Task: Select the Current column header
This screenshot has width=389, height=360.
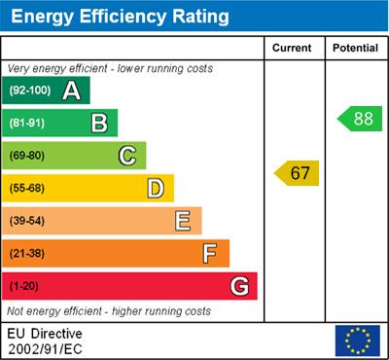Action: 293,48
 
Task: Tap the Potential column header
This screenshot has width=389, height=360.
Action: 356,48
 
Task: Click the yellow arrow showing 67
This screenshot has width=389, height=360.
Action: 297,173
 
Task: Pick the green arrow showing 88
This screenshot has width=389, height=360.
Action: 359,119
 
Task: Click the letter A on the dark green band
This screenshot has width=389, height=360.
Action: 71,90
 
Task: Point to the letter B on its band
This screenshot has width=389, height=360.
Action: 99,123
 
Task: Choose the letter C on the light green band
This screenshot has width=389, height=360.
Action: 126,155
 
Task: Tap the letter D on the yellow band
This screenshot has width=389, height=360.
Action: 155,188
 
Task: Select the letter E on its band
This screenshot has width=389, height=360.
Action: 183,221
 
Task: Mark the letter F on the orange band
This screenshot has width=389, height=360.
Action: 210,254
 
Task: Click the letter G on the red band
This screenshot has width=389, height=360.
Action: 238,287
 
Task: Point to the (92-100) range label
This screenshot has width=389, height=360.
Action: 30,90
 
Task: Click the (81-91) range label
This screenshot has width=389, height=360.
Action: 28,123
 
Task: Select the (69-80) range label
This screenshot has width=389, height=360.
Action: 28,155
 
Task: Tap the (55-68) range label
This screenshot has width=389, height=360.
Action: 28,188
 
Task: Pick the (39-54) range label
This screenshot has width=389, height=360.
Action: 28,221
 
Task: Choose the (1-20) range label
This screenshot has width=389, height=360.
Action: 24,287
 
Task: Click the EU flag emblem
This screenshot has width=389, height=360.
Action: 357,340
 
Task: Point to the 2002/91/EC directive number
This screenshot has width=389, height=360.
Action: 44,347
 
